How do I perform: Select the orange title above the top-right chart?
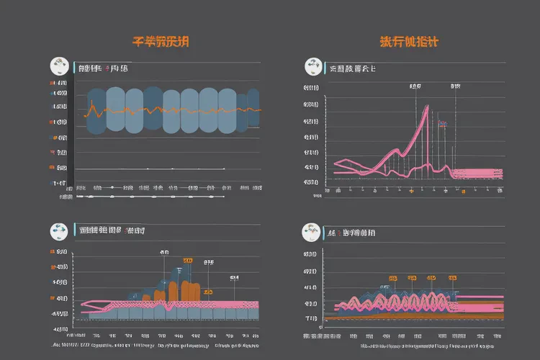coord(410,42)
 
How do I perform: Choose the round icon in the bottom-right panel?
coord(312,232)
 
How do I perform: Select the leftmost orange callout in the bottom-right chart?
coord(392,277)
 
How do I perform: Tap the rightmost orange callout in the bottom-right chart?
coord(452,277)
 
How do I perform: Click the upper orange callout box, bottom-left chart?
coord(188,259)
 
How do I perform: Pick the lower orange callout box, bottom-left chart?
coord(207,292)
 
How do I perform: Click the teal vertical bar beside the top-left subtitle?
coord(73,68)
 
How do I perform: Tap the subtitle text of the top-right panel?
coord(352,69)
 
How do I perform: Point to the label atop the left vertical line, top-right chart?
coord(415,86)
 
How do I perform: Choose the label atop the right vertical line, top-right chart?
coord(455,86)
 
